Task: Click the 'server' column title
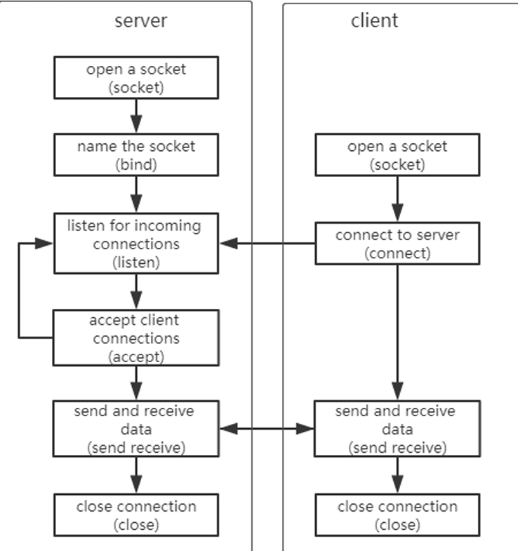pyautogui.click(x=141, y=20)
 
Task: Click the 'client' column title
pyautogui.click(x=374, y=20)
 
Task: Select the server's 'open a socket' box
pyautogui.click(x=137, y=77)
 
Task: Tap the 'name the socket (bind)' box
pyautogui.click(x=137, y=156)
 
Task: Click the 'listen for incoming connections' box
pyautogui.click(x=137, y=244)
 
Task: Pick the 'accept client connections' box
pyautogui.click(x=137, y=338)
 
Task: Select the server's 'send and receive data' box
pyautogui.click(x=137, y=428)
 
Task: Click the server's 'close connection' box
pyautogui.click(x=137, y=515)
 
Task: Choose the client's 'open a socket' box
pyautogui.click(x=397, y=156)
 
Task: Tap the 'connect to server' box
pyautogui.click(x=397, y=244)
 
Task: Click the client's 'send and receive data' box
pyautogui.click(x=397, y=428)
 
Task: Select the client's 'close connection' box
pyautogui.click(x=397, y=515)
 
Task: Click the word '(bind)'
pyautogui.click(x=137, y=164)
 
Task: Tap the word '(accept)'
pyautogui.click(x=137, y=356)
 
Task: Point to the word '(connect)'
pyautogui.click(x=397, y=253)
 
